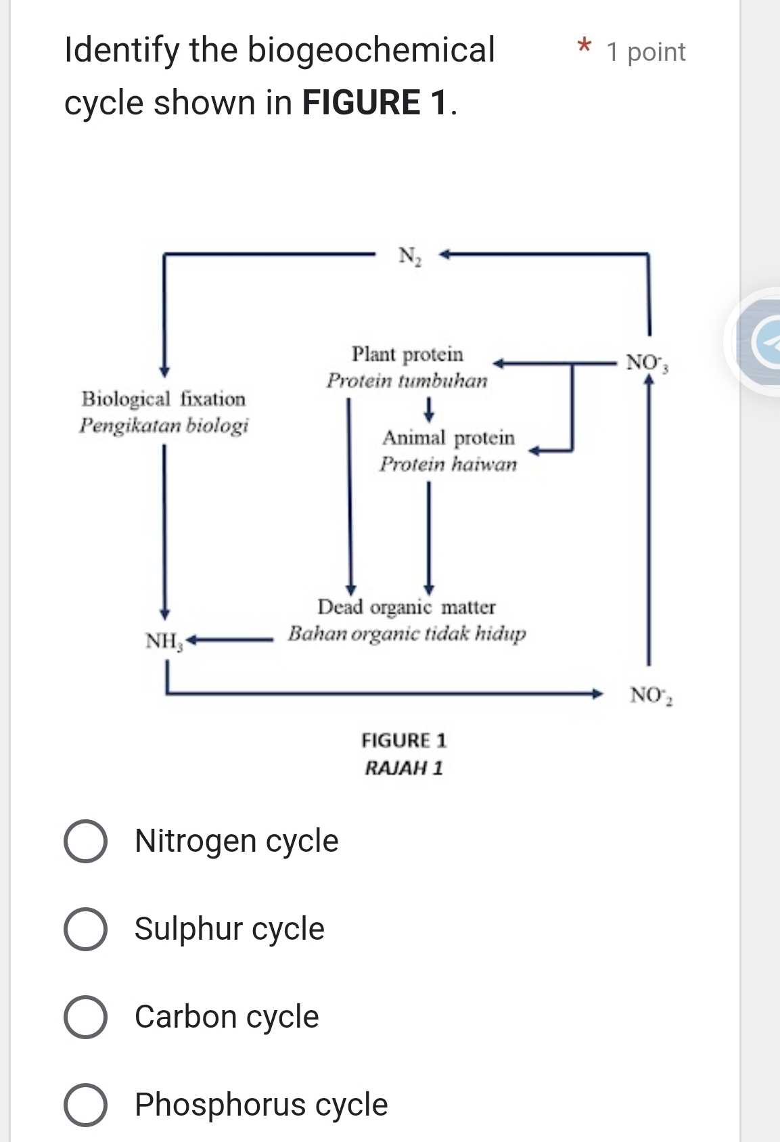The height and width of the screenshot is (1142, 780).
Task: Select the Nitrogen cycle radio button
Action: [x=85, y=842]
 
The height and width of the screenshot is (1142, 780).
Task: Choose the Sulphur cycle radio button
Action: [x=85, y=930]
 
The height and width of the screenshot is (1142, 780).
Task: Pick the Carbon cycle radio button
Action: [x=85, y=1017]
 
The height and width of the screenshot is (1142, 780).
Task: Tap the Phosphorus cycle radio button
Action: [x=85, y=1105]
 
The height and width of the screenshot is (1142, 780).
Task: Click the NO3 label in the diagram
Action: [x=647, y=363]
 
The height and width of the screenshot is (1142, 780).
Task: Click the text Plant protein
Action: [x=407, y=355]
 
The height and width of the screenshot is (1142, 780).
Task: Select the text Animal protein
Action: [x=448, y=438]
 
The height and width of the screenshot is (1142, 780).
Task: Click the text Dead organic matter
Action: [x=407, y=607]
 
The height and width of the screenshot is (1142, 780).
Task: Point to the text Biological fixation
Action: [x=164, y=399]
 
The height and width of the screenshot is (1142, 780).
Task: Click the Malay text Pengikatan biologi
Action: [x=164, y=426]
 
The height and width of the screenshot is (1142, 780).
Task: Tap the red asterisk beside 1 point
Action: [x=584, y=47]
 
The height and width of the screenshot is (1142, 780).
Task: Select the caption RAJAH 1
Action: [x=404, y=768]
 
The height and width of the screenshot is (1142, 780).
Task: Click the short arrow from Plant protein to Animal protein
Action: [x=428, y=408]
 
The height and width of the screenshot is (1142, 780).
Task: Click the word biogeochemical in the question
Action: [x=371, y=51]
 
